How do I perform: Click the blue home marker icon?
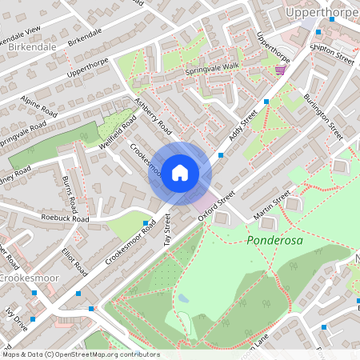point(180,173)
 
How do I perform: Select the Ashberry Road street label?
point(154,116)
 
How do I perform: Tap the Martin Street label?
point(270,206)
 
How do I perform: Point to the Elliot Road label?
point(74,261)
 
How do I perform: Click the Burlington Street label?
point(323,111)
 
